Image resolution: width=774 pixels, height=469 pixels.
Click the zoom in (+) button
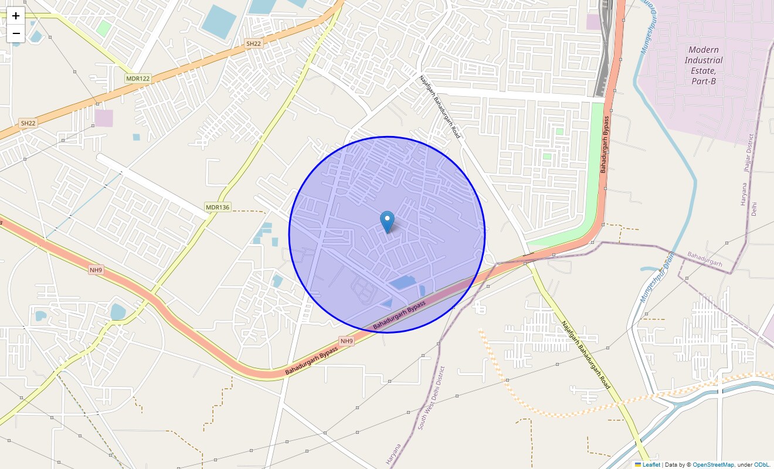click(16, 16)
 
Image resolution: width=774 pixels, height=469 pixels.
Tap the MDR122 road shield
click(138, 78)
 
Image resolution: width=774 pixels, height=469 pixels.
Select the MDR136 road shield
click(218, 208)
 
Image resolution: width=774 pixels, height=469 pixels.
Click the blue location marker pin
click(387, 222)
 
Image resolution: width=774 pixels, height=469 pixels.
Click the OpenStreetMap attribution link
click(713, 464)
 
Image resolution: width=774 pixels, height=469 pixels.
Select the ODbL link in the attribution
click(762, 464)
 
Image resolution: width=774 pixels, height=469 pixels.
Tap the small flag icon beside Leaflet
click(638, 464)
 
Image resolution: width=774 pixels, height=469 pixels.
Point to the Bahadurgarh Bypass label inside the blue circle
click(399, 314)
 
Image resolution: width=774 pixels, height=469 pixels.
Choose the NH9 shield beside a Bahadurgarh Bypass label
click(347, 341)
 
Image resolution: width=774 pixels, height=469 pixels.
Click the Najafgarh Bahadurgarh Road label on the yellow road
click(586, 355)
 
